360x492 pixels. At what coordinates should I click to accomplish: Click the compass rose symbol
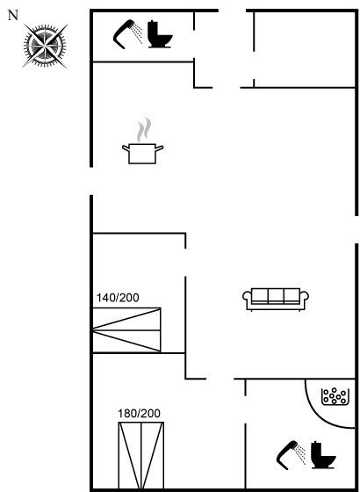pos(45,46)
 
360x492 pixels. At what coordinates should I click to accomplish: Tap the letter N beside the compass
pos(13,15)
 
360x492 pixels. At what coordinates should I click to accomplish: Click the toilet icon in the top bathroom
pos(160,34)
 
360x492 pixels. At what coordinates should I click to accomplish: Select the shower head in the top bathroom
pos(127,34)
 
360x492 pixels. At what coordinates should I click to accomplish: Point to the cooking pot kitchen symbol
pos(142,153)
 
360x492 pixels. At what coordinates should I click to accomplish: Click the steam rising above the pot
pos(144,129)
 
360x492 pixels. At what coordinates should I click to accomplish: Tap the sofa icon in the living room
pos(276,299)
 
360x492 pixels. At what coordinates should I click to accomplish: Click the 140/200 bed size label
pos(118,298)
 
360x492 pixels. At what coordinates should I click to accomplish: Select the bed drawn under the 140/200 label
pos(126,329)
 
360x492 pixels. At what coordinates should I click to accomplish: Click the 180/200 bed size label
pos(139,414)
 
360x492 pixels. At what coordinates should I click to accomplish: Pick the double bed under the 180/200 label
pos(141,455)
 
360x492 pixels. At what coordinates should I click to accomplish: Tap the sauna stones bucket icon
pos(335,396)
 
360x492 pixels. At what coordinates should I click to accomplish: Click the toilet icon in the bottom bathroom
pos(323,455)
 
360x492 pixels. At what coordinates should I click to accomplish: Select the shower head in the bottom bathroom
pos(291,455)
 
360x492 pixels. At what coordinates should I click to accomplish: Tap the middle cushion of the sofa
pos(276,296)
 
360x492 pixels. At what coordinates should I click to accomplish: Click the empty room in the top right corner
pos(304,49)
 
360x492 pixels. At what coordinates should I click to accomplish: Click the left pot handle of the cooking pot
pos(126,148)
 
